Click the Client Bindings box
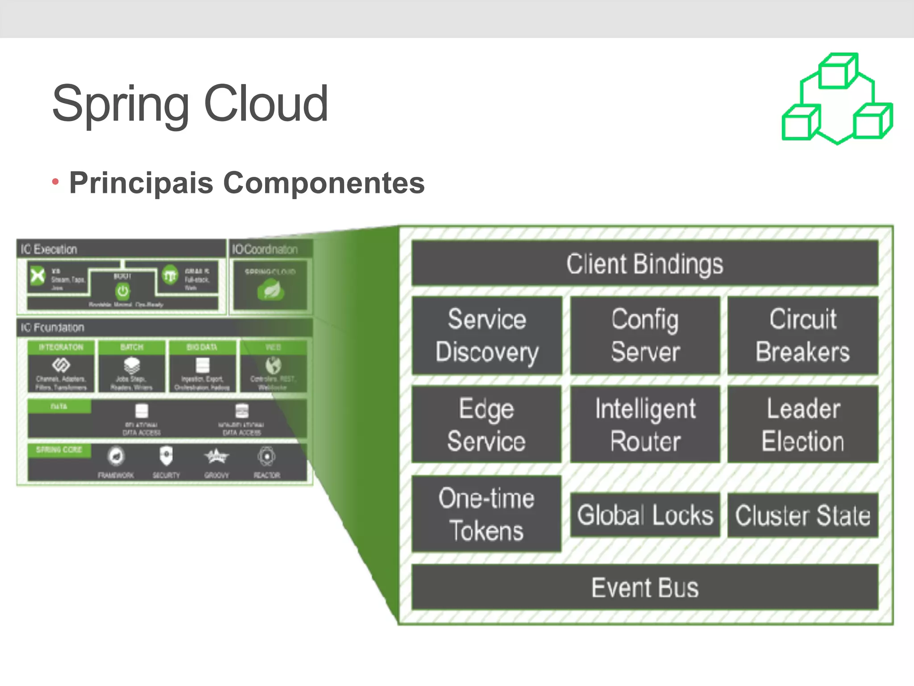(x=644, y=264)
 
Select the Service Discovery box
(x=487, y=335)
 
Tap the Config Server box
(x=645, y=335)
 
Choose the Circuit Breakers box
(x=803, y=335)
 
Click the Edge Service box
(x=486, y=424)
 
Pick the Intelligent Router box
(x=645, y=424)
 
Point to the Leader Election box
(x=803, y=424)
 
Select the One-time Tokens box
(x=486, y=514)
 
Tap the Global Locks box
(x=645, y=515)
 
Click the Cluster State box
(x=803, y=515)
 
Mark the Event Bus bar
(x=644, y=587)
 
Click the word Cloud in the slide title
(x=266, y=104)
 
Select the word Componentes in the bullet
(x=324, y=183)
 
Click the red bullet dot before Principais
(x=55, y=182)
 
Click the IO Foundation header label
(x=53, y=328)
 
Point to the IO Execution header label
(x=49, y=249)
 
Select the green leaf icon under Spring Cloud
(x=270, y=291)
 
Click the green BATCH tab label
(x=132, y=347)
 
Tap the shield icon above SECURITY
(x=166, y=456)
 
